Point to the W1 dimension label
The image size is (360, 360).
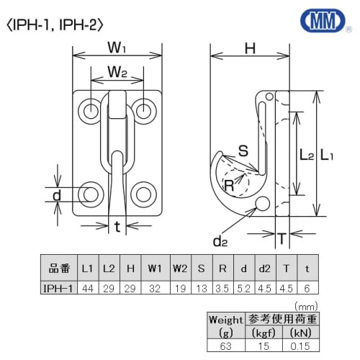117,50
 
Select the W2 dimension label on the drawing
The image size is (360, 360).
117,72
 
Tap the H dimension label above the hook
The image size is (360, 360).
251,49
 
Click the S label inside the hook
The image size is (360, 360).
243,151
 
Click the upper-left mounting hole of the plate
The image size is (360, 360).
91,110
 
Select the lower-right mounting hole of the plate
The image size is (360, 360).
144,194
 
